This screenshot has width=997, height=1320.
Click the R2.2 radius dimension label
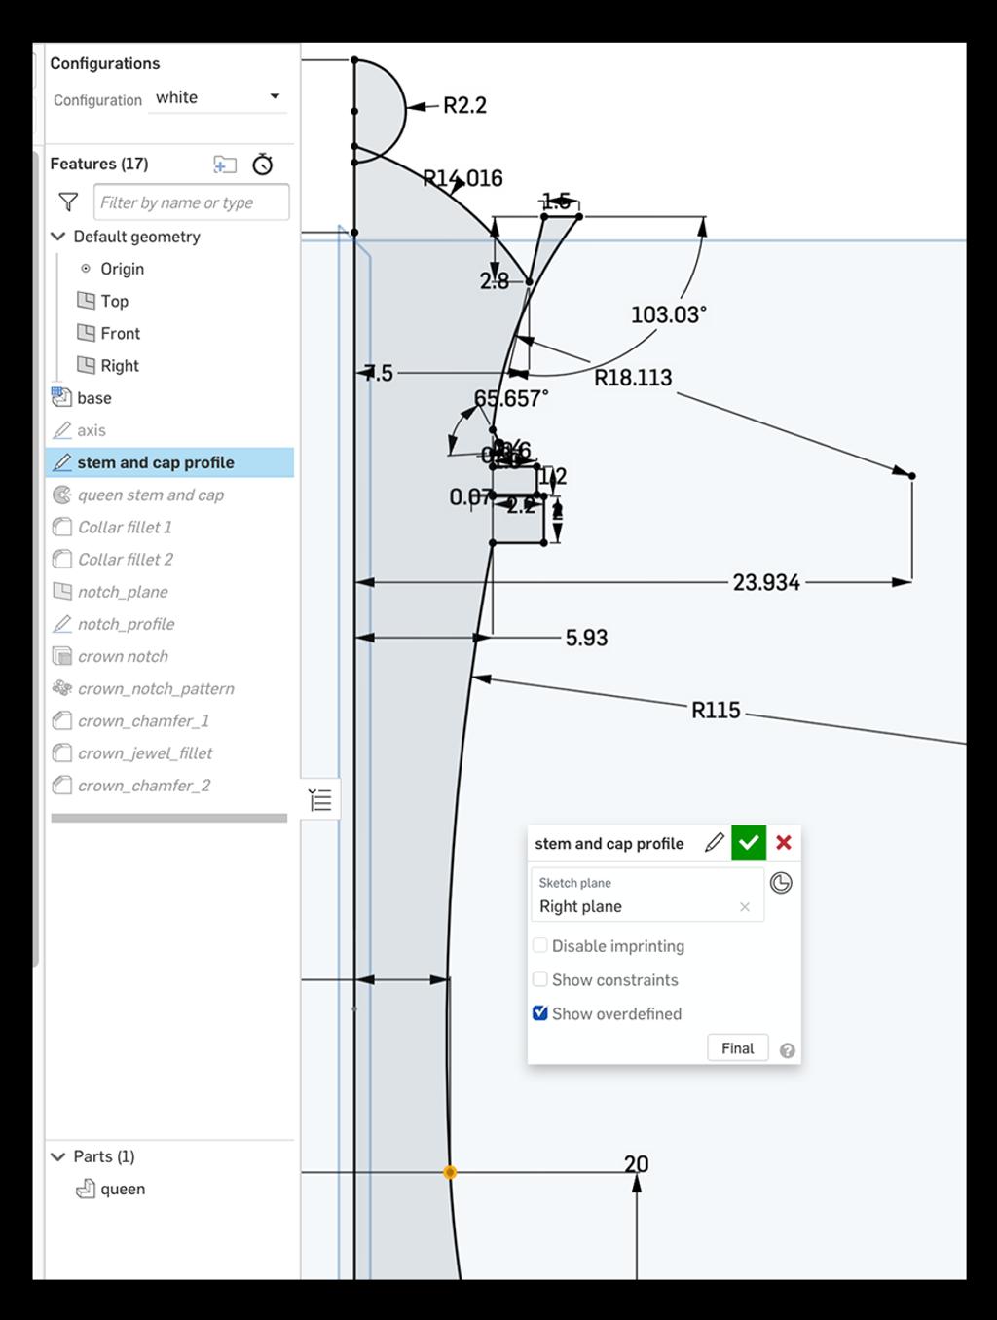coord(464,105)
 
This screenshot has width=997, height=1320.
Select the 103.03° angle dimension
coord(668,314)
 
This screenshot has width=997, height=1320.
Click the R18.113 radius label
coord(633,378)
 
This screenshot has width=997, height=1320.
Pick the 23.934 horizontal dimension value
coord(766,582)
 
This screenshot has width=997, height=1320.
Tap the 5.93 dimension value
coord(586,638)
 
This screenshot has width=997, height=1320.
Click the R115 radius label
coord(716,711)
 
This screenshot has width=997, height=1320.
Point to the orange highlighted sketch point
coord(450,1172)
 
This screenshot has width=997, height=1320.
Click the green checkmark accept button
coord(748,843)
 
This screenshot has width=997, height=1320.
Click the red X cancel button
coord(784,843)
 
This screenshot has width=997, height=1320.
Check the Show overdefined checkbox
coord(540,1013)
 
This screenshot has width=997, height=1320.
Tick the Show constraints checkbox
coord(540,979)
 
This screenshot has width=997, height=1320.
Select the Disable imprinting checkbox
coord(540,945)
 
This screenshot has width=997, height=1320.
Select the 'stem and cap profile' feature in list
coord(156,462)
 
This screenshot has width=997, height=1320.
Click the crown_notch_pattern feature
coord(156,688)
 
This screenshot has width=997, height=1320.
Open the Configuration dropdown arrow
coord(275,96)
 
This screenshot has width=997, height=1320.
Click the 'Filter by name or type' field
coord(191,202)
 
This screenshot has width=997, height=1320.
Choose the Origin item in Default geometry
coord(122,269)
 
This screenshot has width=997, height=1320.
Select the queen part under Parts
coord(123,1189)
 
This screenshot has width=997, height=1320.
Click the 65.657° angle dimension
coord(511,399)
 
